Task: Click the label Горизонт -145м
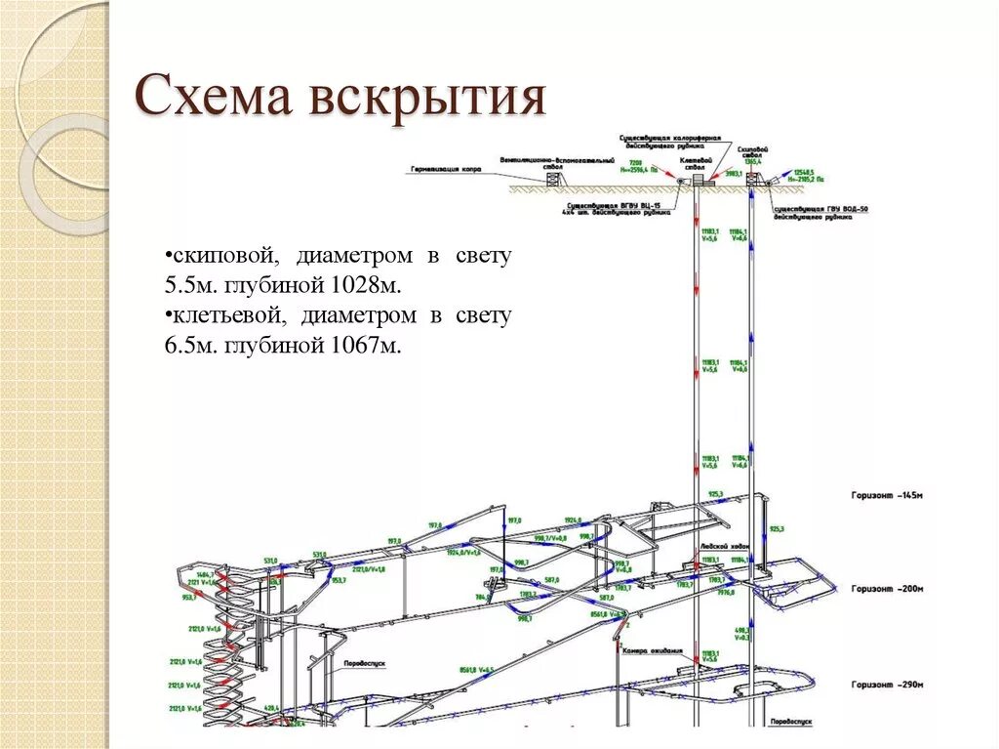click(886, 496)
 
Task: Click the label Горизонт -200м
click(886, 589)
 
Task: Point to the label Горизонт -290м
click(886, 684)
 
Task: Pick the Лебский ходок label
click(724, 548)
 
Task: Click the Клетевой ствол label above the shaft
click(696, 162)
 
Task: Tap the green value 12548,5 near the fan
click(804, 171)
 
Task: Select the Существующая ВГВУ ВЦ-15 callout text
click(615, 208)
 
